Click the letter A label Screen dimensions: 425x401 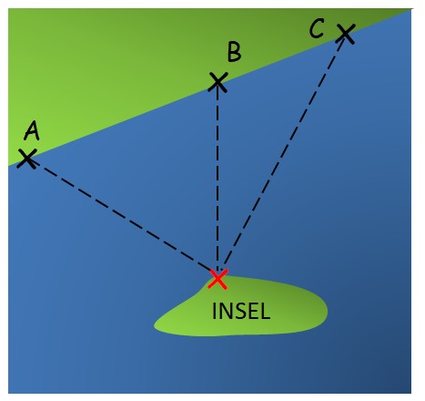(x=32, y=130)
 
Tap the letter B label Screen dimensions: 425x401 (x=235, y=52)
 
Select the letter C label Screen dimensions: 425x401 (x=317, y=28)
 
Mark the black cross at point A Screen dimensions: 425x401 (x=27, y=159)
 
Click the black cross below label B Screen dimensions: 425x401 (x=218, y=82)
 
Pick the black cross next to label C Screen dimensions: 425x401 (x=346, y=34)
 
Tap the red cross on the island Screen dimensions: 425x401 (x=218, y=279)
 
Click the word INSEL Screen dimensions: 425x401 (x=241, y=311)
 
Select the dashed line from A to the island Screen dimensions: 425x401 (x=122, y=214)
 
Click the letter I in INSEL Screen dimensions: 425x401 (x=214, y=311)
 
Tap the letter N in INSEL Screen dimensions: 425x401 (x=225, y=311)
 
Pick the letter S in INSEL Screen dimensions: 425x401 (x=239, y=311)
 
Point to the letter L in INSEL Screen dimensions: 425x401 (x=265, y=311)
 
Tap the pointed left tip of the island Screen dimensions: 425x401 (x=155, y=327)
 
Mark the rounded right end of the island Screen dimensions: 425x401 (x=327, y=312)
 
